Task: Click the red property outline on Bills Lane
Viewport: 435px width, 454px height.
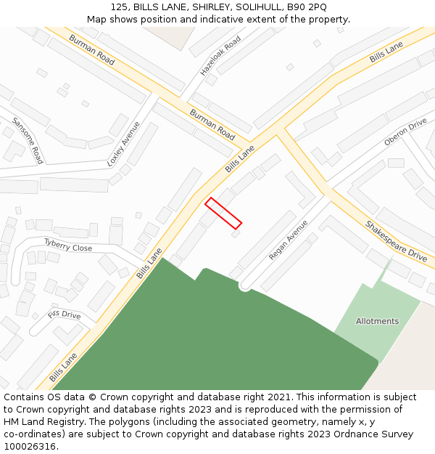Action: (x=223, y=214)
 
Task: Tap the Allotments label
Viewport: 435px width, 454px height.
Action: (x=377, y=321)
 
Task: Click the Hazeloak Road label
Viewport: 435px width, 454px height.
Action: (x=220, y=57)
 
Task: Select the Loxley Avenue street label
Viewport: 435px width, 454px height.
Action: (x=124, y=144)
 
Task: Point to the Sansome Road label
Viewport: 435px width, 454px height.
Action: (x=28, y=140)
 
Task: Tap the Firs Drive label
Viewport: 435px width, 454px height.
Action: (x=65, y=315)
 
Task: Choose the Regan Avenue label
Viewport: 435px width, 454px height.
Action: (x=289, y=240)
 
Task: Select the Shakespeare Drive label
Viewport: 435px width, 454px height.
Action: (x=396, y=242)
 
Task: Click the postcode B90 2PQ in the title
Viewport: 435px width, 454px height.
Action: (x=307, y=7)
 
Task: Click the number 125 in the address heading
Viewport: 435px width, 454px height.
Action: (x=120, y=7)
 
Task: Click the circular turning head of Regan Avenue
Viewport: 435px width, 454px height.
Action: (x=245, y=285)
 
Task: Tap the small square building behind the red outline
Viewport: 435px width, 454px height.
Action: (x=235, y=234)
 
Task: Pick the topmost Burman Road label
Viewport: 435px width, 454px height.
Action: (x=91, y=49)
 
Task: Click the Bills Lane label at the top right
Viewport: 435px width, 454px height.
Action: (x=386, y=52)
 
